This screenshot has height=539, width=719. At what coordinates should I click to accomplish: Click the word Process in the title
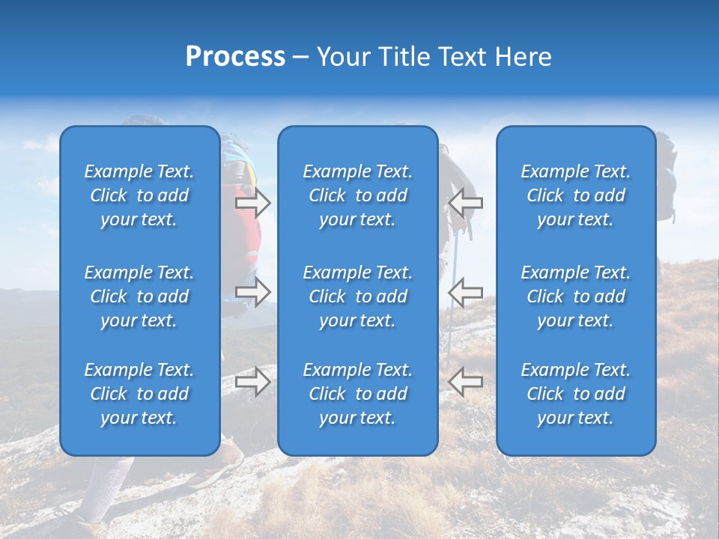[234, 57]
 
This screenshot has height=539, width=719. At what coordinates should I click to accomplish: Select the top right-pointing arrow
[252, 202]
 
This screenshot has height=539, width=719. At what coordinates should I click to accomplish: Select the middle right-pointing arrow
[252, 292]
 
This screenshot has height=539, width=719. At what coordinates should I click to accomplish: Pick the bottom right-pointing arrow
[252, 381]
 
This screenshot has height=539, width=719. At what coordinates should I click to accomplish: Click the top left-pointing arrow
[465, 202]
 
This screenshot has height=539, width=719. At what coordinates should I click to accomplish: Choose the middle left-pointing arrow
[465, 292]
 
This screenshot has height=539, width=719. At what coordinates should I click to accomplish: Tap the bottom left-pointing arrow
[465, 381]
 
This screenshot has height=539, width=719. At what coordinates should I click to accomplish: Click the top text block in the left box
[139, 195]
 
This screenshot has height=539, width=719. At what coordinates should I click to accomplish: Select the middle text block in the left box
[139, 296]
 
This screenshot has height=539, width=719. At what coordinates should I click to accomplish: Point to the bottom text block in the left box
[139, 394]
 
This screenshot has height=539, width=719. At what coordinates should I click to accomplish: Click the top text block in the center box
[357, 195]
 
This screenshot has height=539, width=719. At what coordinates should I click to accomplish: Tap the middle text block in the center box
[357, 296]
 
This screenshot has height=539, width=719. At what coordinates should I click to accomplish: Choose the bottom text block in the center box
[357, 394]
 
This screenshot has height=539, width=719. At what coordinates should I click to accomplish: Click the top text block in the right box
[575, 195]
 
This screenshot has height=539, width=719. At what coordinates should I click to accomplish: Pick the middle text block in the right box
[575, 296]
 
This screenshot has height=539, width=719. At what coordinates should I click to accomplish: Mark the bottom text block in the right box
[575, 394]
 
